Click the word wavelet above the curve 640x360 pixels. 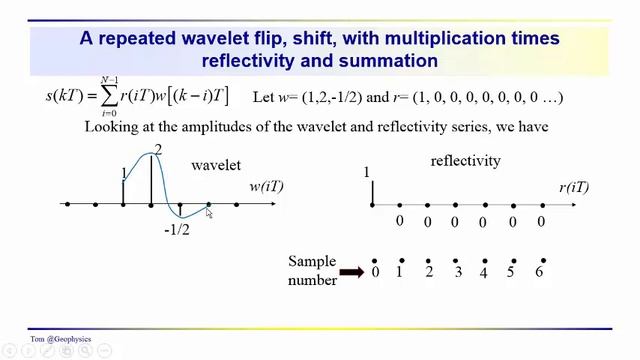pyautogui.click(x=216, y=164)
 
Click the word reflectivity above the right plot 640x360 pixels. pyautogui.click(x=465, y=160)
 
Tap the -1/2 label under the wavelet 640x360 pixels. pyautogui.click(x=177, y=230)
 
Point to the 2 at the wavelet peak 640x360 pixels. pyautogui.click(x=158, y=150)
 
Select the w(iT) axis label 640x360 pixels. pyautogui.click(x=266, y=187)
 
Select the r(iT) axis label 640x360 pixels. pyautogui.click(x=574, y=187)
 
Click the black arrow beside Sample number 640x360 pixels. pyautogui.click(x=351, y=271)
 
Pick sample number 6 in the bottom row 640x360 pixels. pyautogui.click(x=539, y=272)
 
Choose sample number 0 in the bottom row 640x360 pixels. pyautogui.click(x=375, y=272)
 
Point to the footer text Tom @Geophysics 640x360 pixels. pyautogui.click(x=60, y=339)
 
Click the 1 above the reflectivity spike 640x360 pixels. pyautogui.click(x=368, y=172)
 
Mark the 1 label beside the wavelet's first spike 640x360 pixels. pyautogui.click(x=124, y=173)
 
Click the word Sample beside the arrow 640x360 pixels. pyautogui.click(x=311, y=261)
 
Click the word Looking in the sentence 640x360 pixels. pyautogui.click(x=116, y=127)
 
